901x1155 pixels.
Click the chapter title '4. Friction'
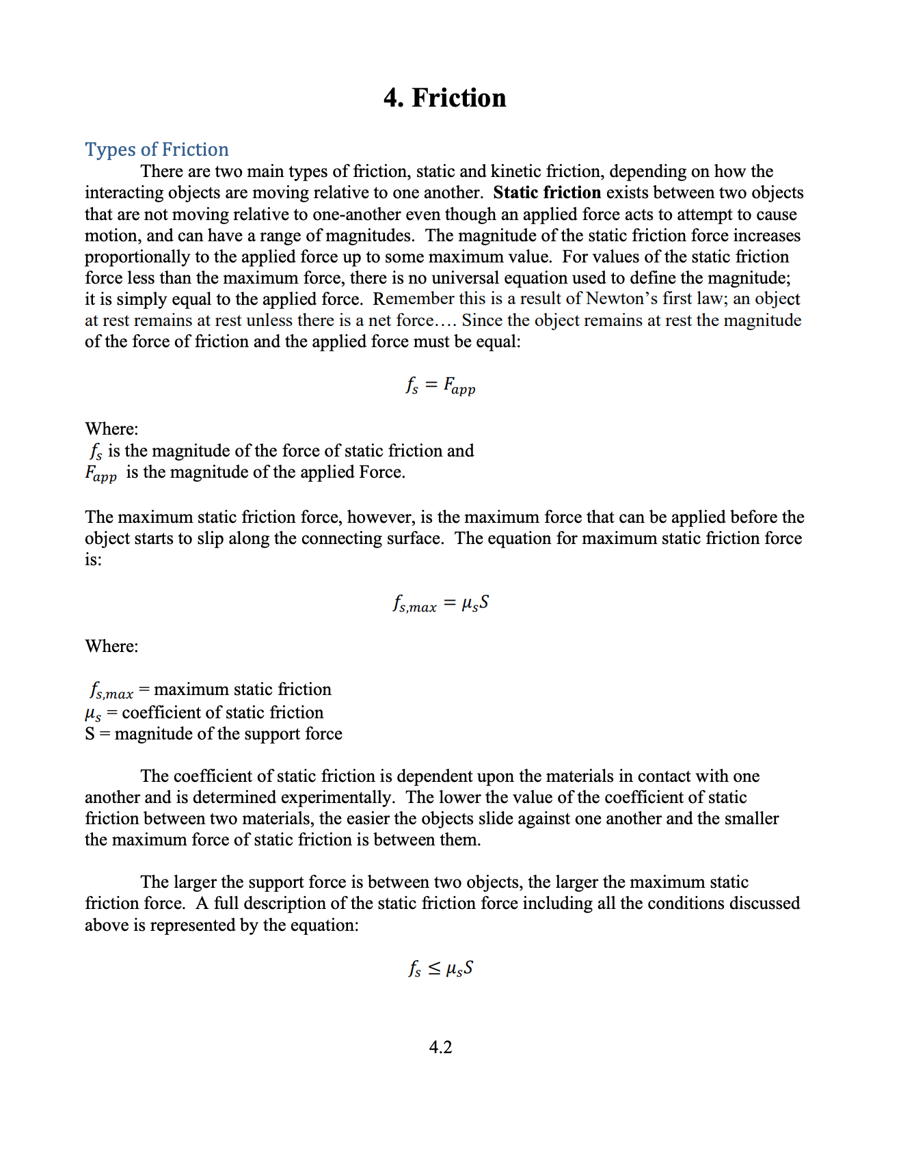coord(444,98)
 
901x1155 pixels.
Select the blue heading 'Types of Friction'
coord(157,149)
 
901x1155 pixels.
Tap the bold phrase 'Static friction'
coord(546,192)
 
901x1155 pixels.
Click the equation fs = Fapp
coord(440,386)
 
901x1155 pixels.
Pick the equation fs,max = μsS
coord(440,603)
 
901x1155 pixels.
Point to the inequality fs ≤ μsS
coord(440,968)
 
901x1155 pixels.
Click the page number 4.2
coord(440,1047)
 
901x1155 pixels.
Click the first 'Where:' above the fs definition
coord(111,429)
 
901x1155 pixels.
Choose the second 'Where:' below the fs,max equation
coord(111,646)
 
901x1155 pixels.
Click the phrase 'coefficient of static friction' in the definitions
coord(222,712)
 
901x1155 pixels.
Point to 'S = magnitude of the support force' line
coord(213,733)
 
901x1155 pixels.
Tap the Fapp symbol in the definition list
coord(101,473)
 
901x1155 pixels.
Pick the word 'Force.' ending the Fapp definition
coord(381,472)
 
